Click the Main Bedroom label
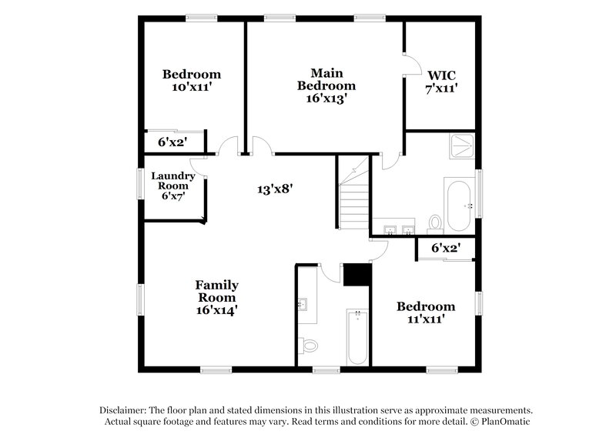click(x=326, y=85)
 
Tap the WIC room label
click(x=442, y=81)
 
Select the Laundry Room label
click(x=172, y=186)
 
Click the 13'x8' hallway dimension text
click(x=276, y=187)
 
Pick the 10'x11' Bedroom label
click(x=191, y=81)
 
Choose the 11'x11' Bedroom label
click(x=425, y=313)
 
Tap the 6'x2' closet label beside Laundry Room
click(x=173, y=142)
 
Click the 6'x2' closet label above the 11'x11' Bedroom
click(x=445, y=248)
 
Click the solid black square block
click(x=357, y=275)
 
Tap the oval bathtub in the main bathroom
click(x=459, y=204)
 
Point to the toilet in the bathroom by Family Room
click(x=310, y=346)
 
